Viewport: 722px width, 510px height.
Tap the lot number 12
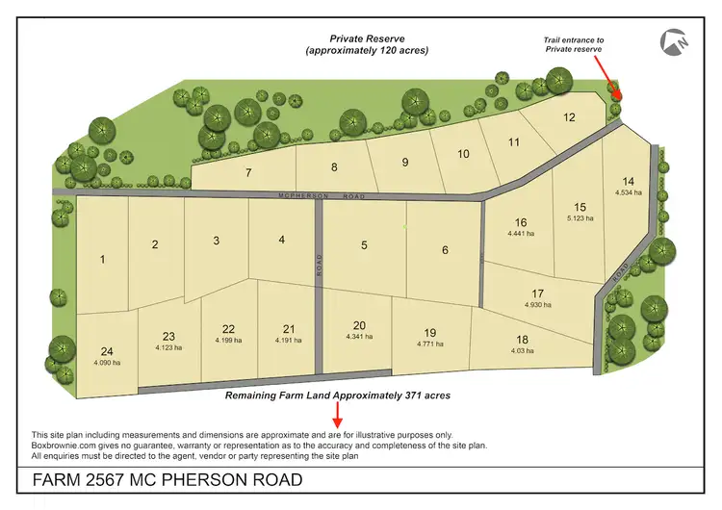pos(569,118)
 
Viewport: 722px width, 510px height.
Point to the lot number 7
pos(248,173)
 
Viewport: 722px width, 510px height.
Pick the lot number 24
pos(107,350)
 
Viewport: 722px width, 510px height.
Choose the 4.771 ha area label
pos(429,344)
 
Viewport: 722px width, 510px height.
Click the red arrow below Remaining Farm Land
pos(337,415)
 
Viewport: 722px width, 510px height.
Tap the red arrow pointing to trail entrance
pos(608,79)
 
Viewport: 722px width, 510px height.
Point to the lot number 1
pos(102,259)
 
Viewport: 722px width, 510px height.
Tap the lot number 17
pos(537,293)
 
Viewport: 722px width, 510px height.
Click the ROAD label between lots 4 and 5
pos(320,264)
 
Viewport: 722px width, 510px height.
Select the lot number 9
pos(405,162)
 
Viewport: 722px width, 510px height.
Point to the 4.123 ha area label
pos(169,347)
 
